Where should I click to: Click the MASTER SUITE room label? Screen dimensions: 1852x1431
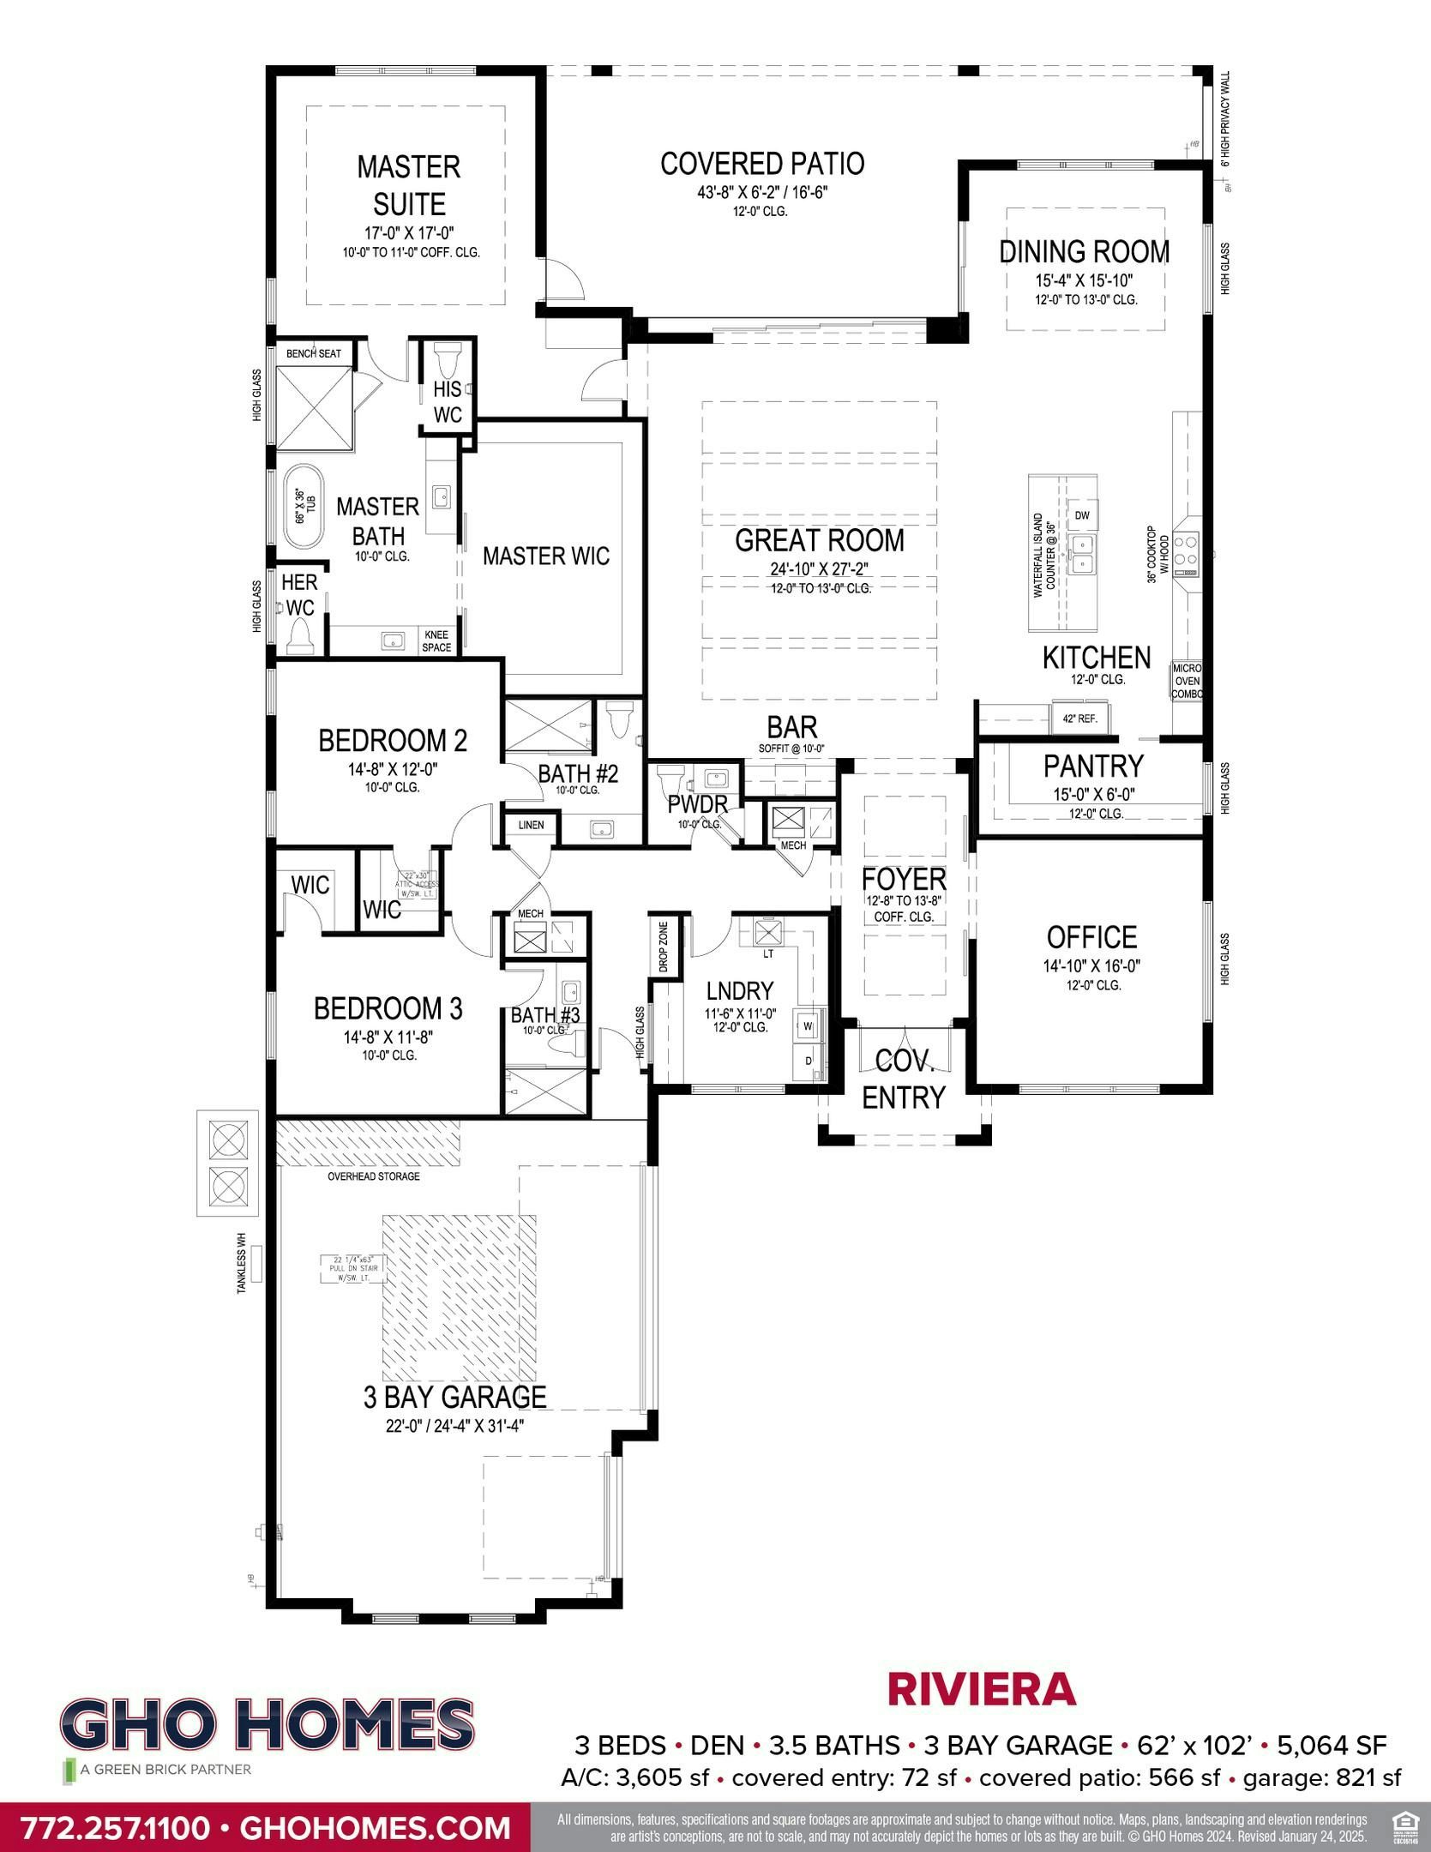tap(408, 184)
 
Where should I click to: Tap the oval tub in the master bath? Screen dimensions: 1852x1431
tap(300, 507)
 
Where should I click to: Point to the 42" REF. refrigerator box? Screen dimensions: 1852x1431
tap(1079, 719)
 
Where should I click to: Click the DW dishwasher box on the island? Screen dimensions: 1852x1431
tap(1081, 514)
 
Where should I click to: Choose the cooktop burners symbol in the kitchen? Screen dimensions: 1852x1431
tap(1187, 552)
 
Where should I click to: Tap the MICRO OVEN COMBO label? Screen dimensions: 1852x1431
tap(1187, 681)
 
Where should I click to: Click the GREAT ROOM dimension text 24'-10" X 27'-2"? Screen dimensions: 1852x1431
tap(820, 569)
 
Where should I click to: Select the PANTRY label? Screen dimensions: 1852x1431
tap(1092, 765)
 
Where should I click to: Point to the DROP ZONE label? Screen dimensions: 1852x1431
tap(664, 947)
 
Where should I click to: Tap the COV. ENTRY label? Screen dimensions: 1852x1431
tap(903, 1079)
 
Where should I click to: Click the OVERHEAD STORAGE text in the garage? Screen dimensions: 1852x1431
tap(374, 1176)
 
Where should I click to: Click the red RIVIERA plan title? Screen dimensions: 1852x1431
tap(981, 1689)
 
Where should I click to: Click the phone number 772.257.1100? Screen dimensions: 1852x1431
tap(114, 1827)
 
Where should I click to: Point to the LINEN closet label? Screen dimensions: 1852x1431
tap(531, 825)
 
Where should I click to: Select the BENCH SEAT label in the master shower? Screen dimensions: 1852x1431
tap(313, 353)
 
